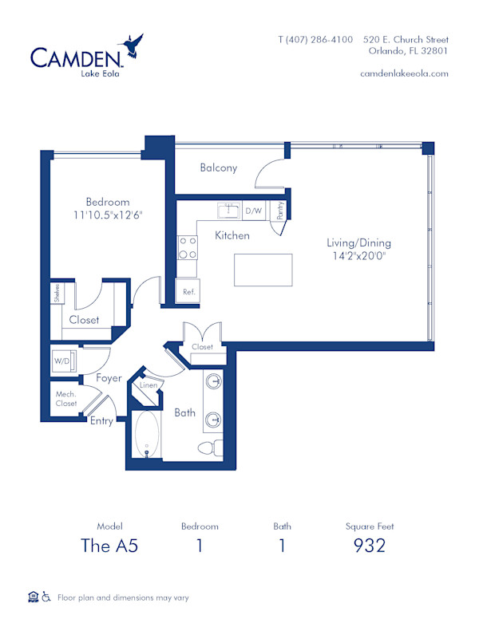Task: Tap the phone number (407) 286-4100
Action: point(315,39)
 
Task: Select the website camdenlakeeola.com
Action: point(404,73)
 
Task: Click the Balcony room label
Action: point(218,168)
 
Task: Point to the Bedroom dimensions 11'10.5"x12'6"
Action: point(108,215)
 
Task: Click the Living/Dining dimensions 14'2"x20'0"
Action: point(358,257)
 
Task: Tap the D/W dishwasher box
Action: point(254,211)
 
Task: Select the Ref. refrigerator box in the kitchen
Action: point(189,292)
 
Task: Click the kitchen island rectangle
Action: point(263,270)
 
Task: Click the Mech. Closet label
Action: point(66,399)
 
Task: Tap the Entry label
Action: point(101,421)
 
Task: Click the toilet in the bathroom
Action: point(211,447)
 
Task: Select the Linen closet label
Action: point(148,386)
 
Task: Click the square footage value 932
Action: point(370,546)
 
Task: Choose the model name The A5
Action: point(109,546)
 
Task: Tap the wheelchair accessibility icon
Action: point(46,596)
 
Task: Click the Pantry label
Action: point(280,211)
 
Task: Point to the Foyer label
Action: point(109,378)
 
